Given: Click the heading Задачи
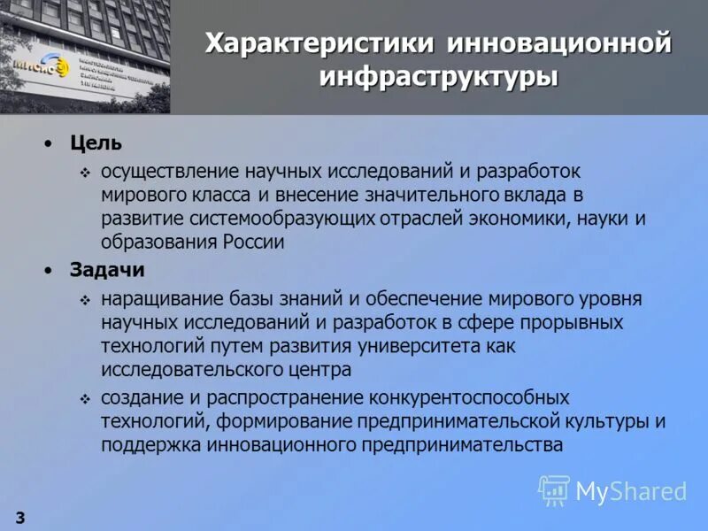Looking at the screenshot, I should [x=107, y=269].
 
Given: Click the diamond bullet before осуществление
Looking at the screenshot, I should [x=85, y=170].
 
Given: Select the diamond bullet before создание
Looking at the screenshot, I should [x=85, y=398].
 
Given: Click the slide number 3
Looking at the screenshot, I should [x=19, y=516].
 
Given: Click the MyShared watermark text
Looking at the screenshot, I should [x=631, y=490].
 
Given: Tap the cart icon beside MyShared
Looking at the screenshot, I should [x=554, y=489].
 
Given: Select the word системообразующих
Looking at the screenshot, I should [x=283, y=218].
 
